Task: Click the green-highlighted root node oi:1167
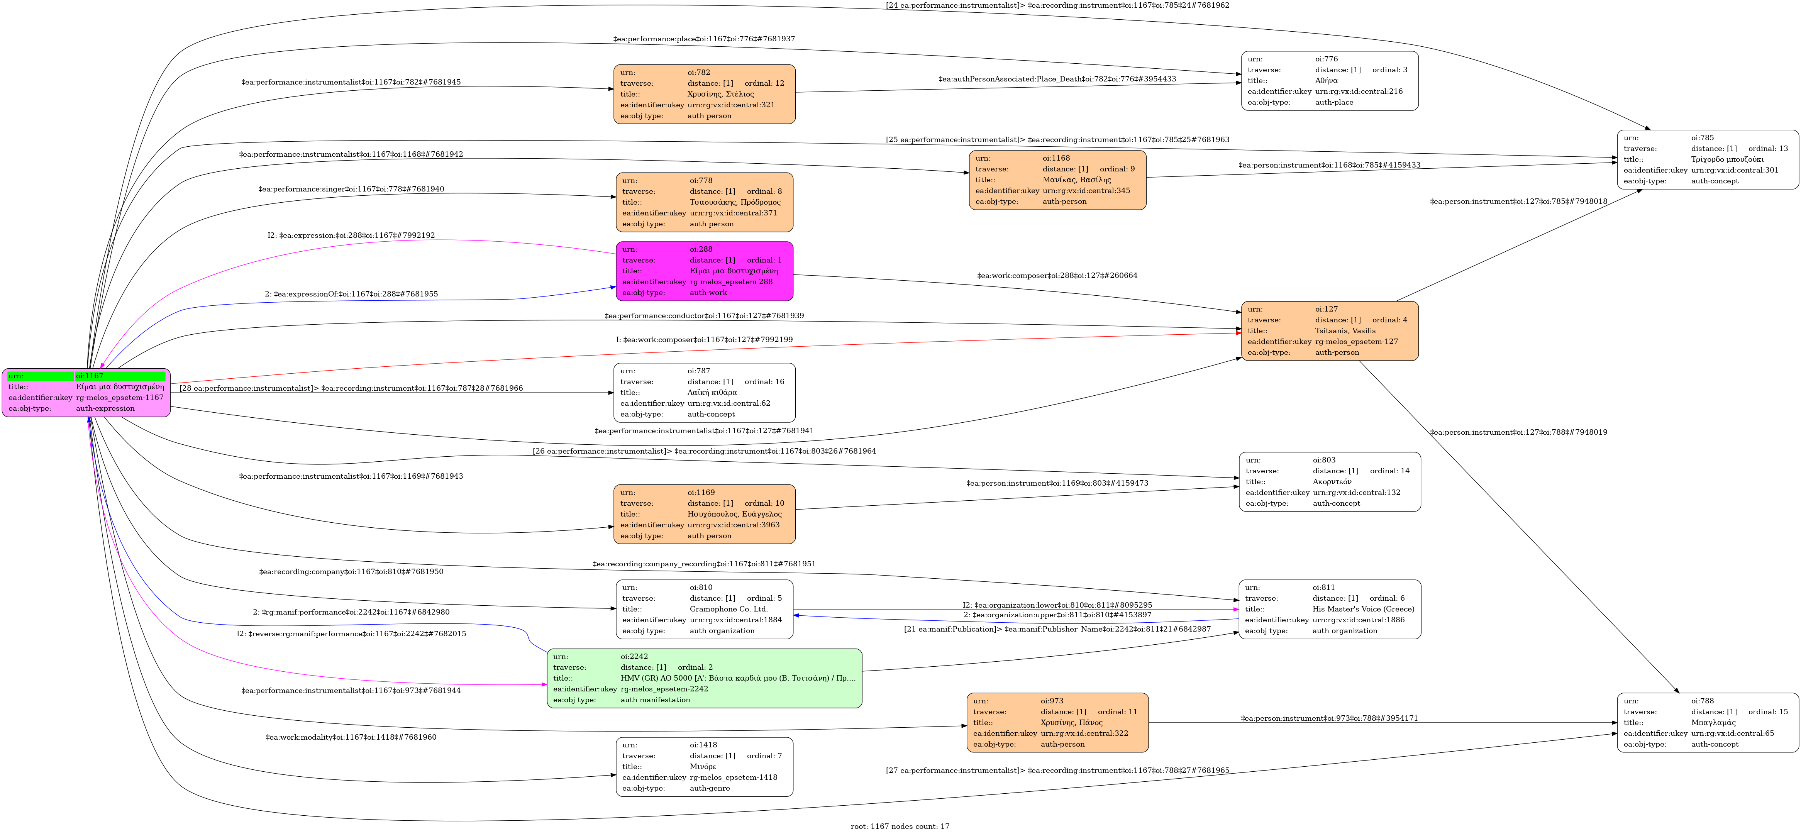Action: tap(86, 392)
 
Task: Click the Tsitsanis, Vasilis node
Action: tap(1329, 331)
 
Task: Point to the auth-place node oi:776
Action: tap(1329, 80)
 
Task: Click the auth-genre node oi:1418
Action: tap(704, 766)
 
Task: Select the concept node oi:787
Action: tap(704, 392)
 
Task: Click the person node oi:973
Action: tap(1057, 722)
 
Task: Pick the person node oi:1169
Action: tap(704, 514)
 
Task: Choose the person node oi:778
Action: tap(704, 202)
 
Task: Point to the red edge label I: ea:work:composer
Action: tap(704, 340)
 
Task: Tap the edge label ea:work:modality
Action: tap(351, 737)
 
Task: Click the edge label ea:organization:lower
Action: tap(1057, 605)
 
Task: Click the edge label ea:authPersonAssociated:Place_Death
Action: tap(1057, 79)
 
